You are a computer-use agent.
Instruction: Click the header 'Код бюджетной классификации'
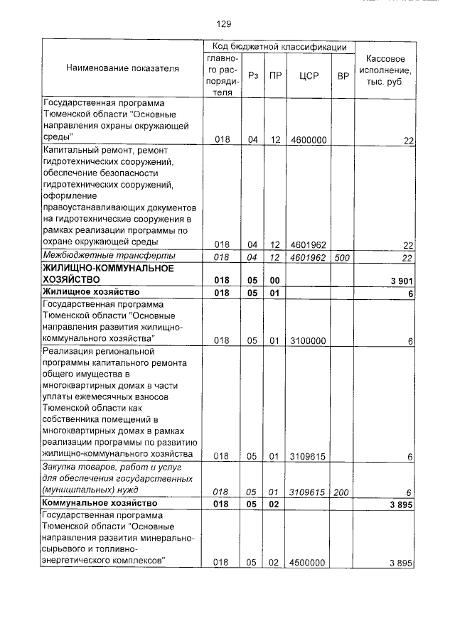click(274, 46)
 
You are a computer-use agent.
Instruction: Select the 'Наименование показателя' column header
click(122, 68)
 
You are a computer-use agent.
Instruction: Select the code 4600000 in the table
click(309, 141)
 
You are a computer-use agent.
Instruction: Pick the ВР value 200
click(343, 491)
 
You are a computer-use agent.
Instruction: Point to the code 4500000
click(309, 563)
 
